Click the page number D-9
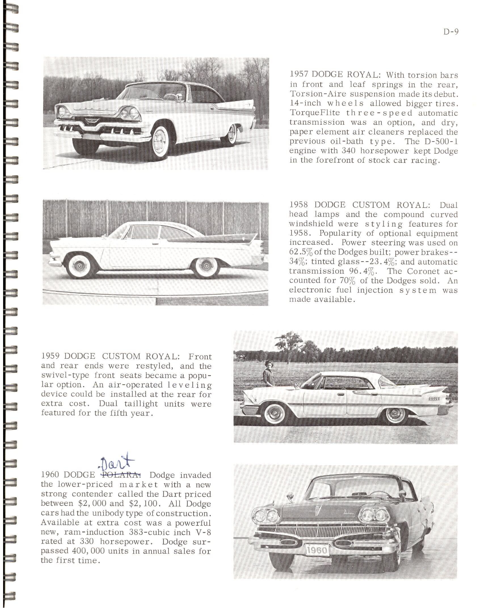tap(451, 32)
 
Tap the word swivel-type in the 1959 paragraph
tap(65, 375)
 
